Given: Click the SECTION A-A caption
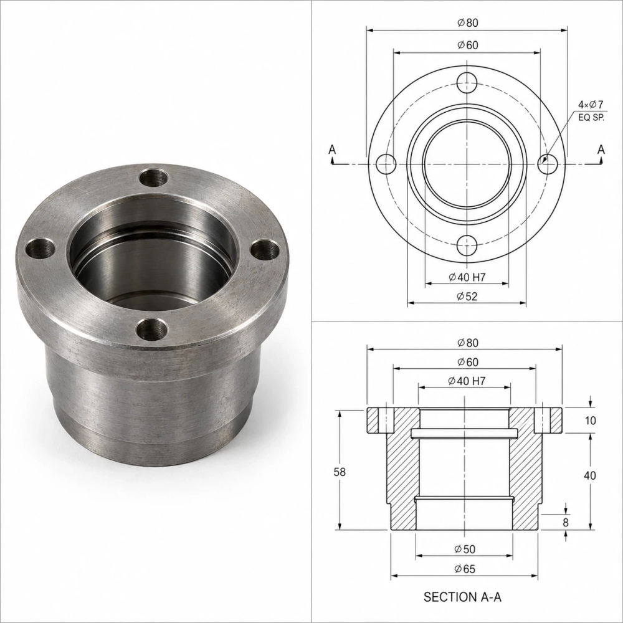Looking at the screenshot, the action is (462, 597).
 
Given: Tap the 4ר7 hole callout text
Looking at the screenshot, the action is (591, 105).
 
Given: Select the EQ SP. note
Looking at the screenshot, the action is (591, 118).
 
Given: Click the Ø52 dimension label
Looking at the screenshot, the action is (467, 296).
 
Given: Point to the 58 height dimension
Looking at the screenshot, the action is (340, 472).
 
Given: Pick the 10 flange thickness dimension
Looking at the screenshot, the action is (591, 421).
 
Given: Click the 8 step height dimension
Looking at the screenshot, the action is (566, 522).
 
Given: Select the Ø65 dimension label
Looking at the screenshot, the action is (465, 569).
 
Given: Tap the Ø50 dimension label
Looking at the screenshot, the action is (465, 549).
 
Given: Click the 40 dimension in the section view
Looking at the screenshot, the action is (590, 475).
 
